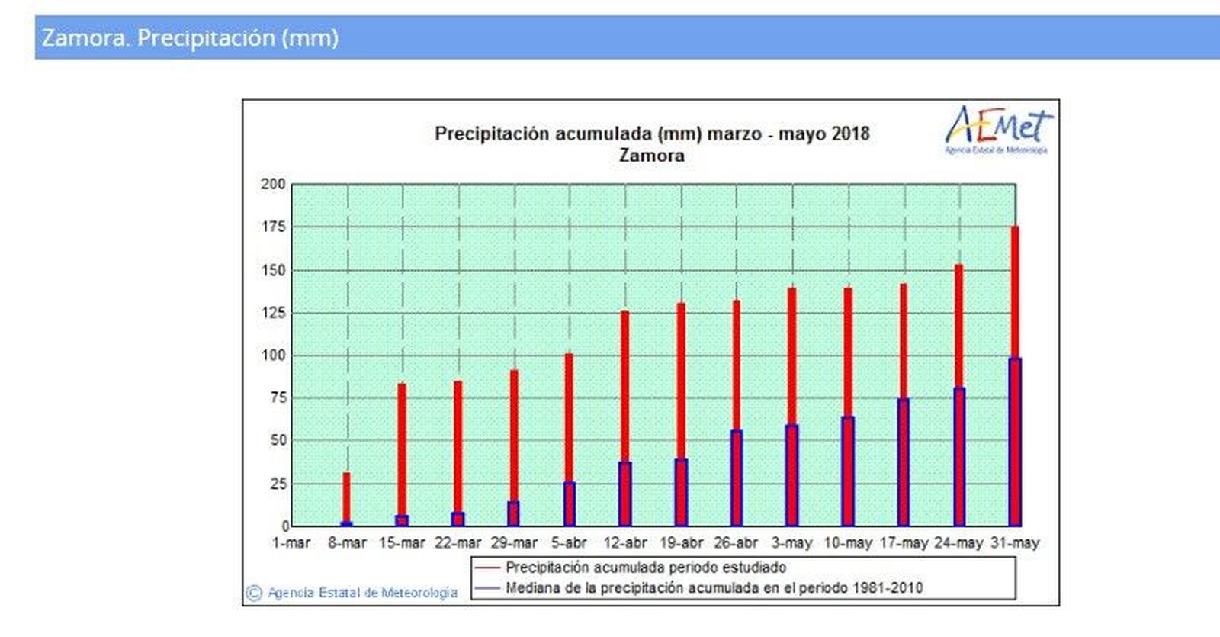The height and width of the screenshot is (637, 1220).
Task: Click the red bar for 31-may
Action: pos(1015,290)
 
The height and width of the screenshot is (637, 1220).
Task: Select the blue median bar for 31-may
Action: pos(1015,442)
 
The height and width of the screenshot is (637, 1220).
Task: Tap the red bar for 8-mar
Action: pos(346,496)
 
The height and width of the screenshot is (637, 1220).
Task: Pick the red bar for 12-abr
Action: pos(624,381)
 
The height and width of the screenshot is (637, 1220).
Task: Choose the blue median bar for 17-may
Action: pos(904,462)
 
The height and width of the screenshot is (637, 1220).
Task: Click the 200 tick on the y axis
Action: pos(273,184)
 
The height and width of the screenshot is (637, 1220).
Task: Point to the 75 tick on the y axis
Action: pos(278,397)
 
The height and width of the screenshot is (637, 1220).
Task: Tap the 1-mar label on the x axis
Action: pos(291,543)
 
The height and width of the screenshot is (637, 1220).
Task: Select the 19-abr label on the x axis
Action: pos(681,543)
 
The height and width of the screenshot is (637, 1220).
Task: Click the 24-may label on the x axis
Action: pos(958,543)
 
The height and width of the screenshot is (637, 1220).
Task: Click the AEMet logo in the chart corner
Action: pos(998,128)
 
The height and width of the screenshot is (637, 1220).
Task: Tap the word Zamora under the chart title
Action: pos(651,156)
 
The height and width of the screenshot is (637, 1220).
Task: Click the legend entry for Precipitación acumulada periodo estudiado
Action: pos(645,568)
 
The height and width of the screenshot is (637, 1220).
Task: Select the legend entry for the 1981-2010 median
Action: pos(713,588)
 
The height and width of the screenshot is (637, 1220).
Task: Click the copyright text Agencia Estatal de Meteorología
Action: pos(362,593)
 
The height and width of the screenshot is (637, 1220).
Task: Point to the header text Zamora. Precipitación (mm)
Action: pos(190,37)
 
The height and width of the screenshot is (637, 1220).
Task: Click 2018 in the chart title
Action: pos(850,134)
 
